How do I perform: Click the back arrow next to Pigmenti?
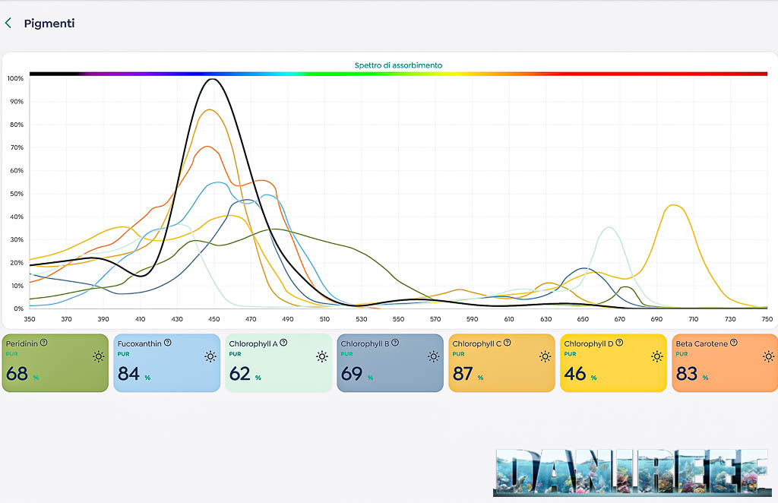[x=8, y=24]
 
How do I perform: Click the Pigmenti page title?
[x=49, y=24]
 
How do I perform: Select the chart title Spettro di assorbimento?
[x=398, y=65]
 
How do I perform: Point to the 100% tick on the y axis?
[x=15, y=78]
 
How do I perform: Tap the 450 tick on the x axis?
[x=214, y=319]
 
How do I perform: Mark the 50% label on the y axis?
[x=15, y=194]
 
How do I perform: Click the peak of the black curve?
[x=213, y=79]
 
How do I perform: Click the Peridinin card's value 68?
[x=17, y=373]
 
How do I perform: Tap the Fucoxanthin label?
[x=139, y=343]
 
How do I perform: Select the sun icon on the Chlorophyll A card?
[x=322, y=356]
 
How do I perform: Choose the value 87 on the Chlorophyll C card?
[x=463, y=373]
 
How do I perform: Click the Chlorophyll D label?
[x=588, y=343]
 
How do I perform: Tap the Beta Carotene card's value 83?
[x=687, y=373]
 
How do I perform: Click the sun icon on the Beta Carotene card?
[x=768, y=356]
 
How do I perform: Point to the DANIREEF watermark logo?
[x=630, y=470]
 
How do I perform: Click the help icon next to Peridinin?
[x=43, y=343]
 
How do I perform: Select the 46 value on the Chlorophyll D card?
[x=575, y=373]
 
